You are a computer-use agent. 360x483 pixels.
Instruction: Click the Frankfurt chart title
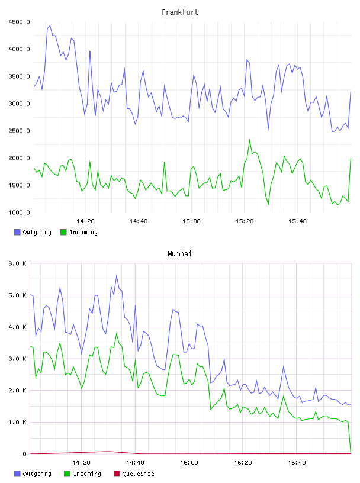pyautogui.click(x=180, y=12)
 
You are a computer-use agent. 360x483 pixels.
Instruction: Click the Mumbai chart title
pyautogui.click(x=179, y=253)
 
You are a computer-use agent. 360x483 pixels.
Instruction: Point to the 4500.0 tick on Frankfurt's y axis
pyautogui.click(x=19, y=22)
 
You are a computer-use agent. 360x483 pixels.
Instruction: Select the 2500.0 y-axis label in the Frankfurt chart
pyautogui.click(x=19, y=131)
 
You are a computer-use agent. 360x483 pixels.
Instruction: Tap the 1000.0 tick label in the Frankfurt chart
pyautogui.click(x=19, y=212)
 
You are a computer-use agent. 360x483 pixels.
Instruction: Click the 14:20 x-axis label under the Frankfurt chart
pyautogui.click(x=85, y=221)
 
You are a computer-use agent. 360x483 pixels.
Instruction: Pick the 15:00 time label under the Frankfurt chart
pyautogui.click(x=191, y=221)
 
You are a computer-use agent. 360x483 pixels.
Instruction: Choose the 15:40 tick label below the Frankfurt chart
pyautogui.click(x=297, y=221)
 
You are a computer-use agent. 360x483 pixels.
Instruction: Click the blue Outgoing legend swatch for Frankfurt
pyautogui.click(x=17, y=232)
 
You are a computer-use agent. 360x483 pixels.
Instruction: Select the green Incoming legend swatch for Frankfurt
pyautogui.click(x=63, y=232)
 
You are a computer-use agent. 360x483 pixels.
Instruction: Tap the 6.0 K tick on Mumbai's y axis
pyautogui.click(x=18, y=263)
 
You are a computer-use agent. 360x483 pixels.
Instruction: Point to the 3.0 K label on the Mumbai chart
pyautogui.click(x=18, y=359)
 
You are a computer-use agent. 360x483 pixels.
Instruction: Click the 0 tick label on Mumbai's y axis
pyautogui.click(x=25, y=454)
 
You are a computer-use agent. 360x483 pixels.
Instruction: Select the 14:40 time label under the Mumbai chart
pyautogui.click(x=135, y=462)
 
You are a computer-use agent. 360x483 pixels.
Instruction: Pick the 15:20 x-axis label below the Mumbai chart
pyautogui.click(x=243, y=462)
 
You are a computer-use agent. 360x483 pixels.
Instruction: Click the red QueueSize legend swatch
pyautogui.click(x=117, y=474)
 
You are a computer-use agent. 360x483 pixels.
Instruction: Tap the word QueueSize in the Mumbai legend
pyautogui.click(x=138, y=474)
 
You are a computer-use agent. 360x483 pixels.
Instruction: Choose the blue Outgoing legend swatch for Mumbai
pyautogui.click(x=17, y=474)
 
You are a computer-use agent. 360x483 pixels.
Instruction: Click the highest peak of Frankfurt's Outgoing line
pyautogui.click(x=50, y=26)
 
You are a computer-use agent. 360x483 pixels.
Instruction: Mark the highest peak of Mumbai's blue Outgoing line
pyautogui.click(x=117, y=275)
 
